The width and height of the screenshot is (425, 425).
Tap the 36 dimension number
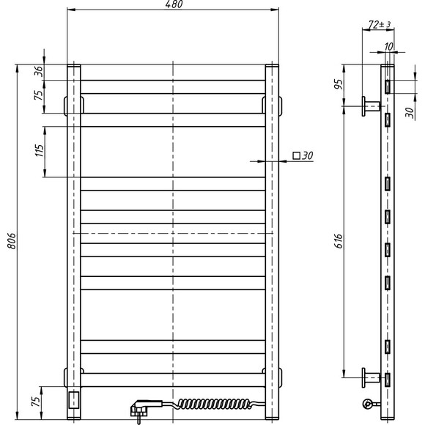point(39,72)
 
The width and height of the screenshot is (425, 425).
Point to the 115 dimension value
point(39,151)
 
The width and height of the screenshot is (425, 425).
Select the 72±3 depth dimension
point(379,24)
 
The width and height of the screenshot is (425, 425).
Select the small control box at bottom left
point(73,399)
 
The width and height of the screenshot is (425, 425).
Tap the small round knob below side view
point(366,403)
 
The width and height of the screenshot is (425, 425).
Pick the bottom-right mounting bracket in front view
point(278,377)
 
